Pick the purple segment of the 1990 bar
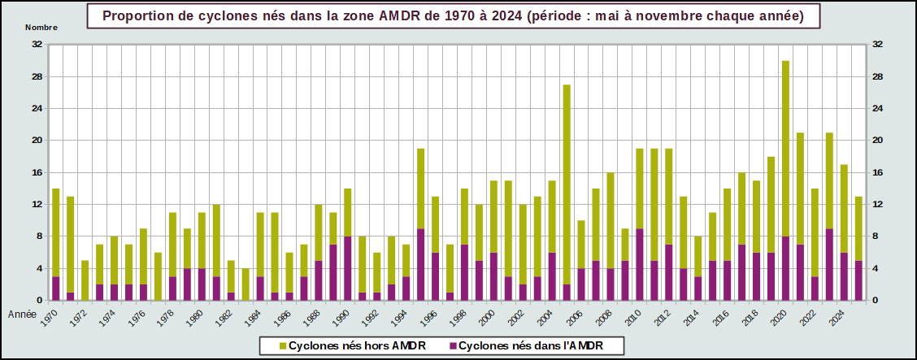[x=348, y=268]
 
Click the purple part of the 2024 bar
[x=844, y=276]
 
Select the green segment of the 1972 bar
[x=85, y=280]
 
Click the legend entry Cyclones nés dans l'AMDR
[x=529, y=346]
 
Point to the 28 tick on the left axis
[x=37, y=76]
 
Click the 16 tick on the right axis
[x=877, y=172]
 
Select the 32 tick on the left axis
[x=37, y=45]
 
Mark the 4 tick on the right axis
[x=875, y=268]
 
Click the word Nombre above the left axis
[x=41, y=27]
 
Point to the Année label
[x=21, y=313]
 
